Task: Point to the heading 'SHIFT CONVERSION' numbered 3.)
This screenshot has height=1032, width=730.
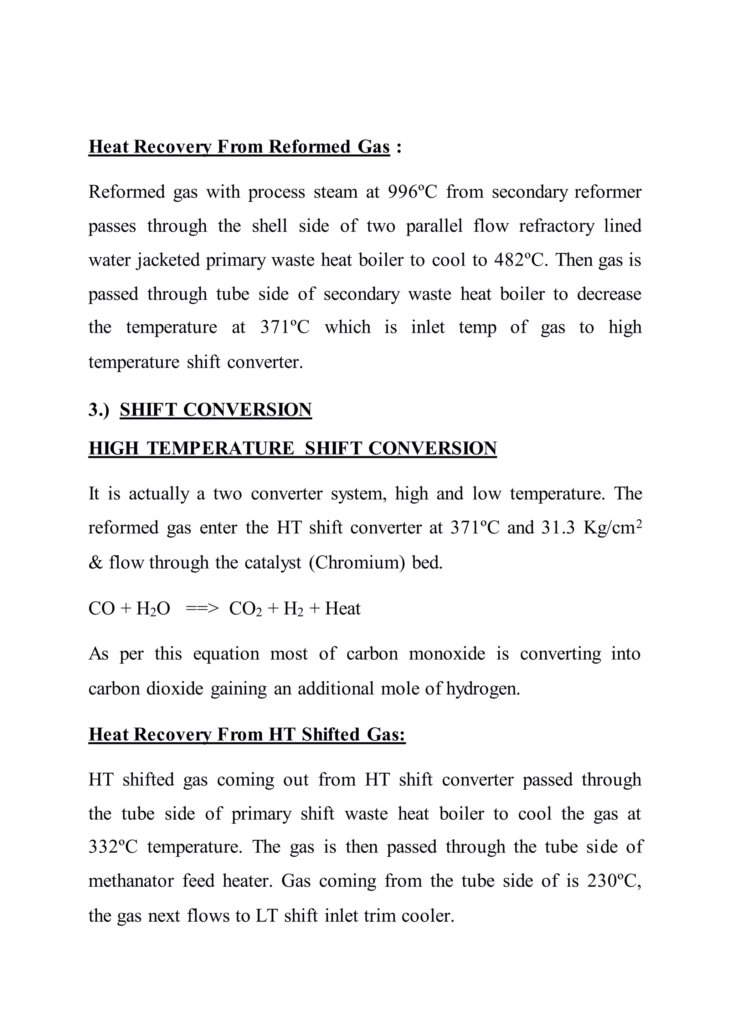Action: point(216,410)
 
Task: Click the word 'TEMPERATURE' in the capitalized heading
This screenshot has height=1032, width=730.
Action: point(220,449)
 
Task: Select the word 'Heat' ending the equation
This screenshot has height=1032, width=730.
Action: point(343,609)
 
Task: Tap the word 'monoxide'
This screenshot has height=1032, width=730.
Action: point(447,654)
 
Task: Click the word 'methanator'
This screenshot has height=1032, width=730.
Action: point(131,881)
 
